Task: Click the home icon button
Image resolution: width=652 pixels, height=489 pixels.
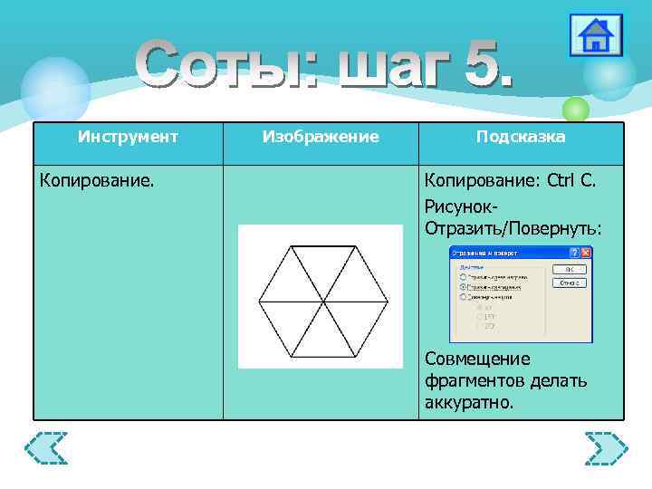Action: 595,35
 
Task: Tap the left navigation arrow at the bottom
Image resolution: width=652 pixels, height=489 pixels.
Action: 46,448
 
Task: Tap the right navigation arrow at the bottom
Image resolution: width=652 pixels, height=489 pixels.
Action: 606,448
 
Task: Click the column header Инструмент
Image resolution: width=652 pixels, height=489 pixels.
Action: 128,137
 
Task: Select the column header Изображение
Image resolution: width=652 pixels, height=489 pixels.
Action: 321,137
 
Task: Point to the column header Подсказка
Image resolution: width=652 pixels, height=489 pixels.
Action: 521,137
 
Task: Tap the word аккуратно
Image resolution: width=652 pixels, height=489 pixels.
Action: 468,401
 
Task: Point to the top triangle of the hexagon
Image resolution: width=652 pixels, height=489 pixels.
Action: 321,263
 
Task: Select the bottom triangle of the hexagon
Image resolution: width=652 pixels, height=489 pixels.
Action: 321,333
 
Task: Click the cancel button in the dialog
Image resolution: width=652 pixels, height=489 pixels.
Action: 569,283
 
